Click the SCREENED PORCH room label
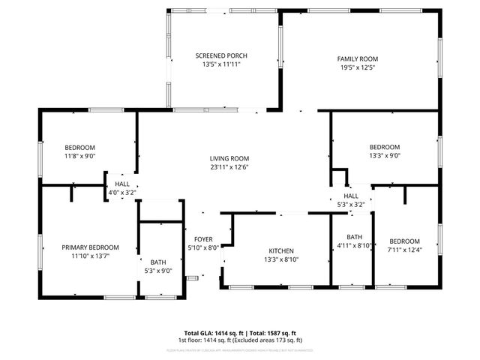click(x=221, y=55)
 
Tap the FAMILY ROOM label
click(x=357, y=58)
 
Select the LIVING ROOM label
click(x=229, y=158)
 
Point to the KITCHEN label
click(x=281, y=250)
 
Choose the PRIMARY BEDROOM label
click(x=90, y=247)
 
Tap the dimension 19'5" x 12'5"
click(x=357, y=68)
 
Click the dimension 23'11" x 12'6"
click(x=229, y=167)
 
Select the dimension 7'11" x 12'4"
click(x=403, y=250)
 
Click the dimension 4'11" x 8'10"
click(x=355, y=245)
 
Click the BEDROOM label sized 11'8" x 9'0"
click(x=79, y=147)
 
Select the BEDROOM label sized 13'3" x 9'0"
click(x=385, y=147)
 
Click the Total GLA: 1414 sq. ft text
click(x=213, y=332)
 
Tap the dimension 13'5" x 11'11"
click(x=221, y=64)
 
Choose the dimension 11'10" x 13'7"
click(x=90, y=256)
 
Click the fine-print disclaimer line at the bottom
click(x=240, y=349)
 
